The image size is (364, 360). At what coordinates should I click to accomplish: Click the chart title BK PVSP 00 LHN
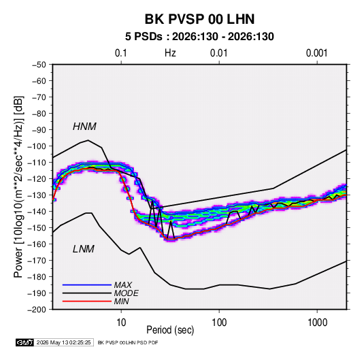199,19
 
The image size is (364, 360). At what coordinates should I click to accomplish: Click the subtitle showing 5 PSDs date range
199,37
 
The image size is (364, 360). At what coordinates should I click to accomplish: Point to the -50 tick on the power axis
39,65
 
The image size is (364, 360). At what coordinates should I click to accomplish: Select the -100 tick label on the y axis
37,146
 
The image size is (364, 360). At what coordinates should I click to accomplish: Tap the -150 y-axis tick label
37,228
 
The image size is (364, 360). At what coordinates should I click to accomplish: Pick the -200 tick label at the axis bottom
37,310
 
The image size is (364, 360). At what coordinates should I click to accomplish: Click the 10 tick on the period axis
121,323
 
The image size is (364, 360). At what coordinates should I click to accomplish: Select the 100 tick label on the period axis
219,323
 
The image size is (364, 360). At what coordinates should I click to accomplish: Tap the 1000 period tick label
317,323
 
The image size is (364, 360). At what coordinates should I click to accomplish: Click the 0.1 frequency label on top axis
121,53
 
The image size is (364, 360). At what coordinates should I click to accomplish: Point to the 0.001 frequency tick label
316,53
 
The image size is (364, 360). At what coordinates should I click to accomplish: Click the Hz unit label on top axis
170,53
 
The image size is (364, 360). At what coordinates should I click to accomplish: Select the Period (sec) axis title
170,330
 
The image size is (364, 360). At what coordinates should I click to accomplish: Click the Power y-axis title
18,187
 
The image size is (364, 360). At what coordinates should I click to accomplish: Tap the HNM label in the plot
84,127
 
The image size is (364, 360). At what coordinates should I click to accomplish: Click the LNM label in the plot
84,249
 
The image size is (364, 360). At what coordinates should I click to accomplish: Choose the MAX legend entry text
123,285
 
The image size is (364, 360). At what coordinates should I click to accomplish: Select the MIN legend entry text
121,301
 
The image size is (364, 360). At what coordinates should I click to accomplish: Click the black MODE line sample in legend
87,293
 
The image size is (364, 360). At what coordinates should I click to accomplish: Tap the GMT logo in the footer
24,342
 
